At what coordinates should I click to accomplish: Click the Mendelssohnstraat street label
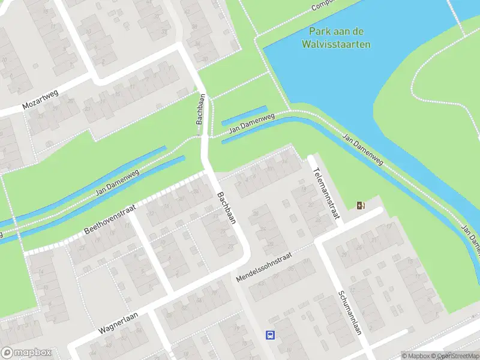pyautogui.click(x=264, y=268)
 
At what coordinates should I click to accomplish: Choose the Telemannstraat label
pyautogui.click(x=325, y=193)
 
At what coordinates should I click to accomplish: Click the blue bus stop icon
pyautogui.click(x=271, y=335)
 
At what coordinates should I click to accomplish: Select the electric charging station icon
pyautogui.click(x=360, y=206)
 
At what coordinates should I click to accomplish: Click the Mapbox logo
pyautogui.click(x=26, y=353)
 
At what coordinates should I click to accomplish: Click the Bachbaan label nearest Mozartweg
pyautogui.click(x=201, y=109)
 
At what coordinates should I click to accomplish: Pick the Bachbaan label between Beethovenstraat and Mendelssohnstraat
pyautogui.click(x=227, y=208)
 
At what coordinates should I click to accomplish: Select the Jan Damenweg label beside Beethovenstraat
pyautogui.click(x=117, y=184)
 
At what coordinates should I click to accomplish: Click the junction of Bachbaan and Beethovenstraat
pyautogui.click(x=209, y=173)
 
